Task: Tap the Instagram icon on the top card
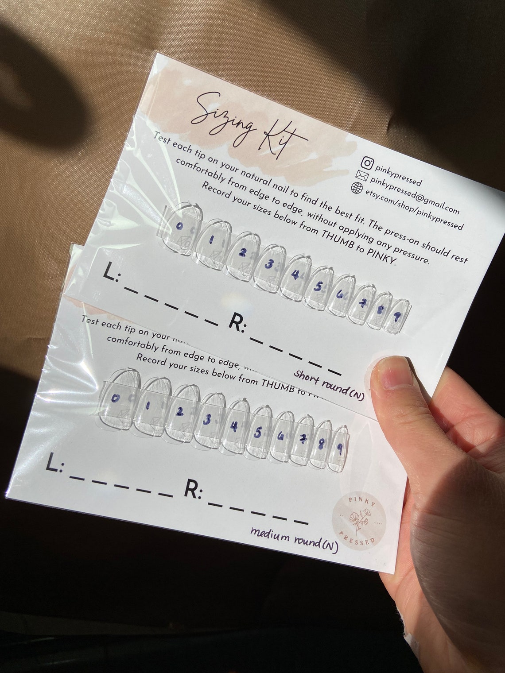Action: click(367, 162)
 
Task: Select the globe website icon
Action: click(357, 188)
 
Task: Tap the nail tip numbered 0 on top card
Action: click(179, 227)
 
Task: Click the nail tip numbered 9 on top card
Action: click(398, 315)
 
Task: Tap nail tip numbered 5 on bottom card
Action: click(257, 433)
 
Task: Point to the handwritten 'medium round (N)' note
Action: click(294, 539)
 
